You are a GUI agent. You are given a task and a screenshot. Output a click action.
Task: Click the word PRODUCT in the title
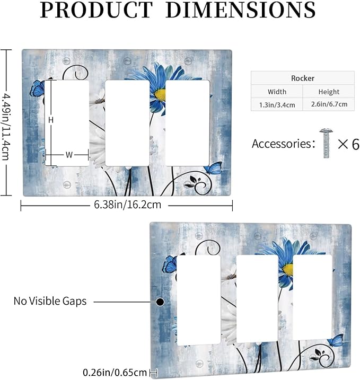[96, 10]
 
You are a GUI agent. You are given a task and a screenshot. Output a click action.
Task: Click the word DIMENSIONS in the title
[241, 10]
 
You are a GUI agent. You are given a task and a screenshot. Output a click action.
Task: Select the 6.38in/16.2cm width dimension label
[128, 205]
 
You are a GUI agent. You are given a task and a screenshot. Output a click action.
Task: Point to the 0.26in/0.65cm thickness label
[115, 373]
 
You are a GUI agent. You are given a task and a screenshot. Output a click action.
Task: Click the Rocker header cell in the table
[303, 78]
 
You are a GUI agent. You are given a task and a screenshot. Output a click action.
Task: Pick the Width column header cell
[277, 92]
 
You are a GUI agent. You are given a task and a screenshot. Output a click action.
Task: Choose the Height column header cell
[329, 92]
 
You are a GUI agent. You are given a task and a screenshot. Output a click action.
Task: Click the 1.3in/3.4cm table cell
[277, 105]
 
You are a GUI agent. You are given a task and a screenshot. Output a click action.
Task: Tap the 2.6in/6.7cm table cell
[329, 104]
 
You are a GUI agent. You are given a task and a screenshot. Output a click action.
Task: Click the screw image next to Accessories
[326, 143]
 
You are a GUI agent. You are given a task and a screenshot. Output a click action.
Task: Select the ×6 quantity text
[349, 144]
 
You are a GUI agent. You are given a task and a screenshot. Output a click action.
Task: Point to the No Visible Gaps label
[50, 301]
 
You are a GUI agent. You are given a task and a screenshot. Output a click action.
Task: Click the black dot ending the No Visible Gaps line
[160, 302]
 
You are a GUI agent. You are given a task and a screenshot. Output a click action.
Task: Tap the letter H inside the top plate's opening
[51, 120]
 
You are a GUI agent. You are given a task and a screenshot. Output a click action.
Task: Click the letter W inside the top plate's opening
[69, 155]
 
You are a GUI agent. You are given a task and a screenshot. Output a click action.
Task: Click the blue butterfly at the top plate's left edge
[37, 89]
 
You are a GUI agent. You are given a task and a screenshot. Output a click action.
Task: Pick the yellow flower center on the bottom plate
[288, 269]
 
